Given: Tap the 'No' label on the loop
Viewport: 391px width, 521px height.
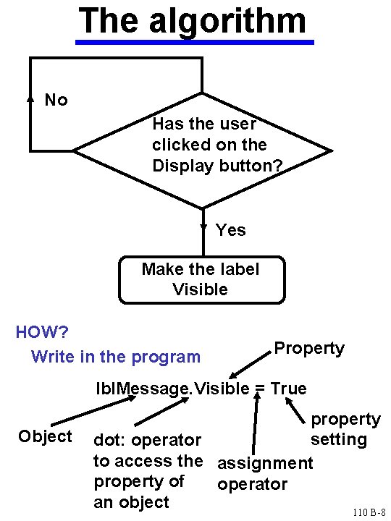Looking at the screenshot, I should tap(56, 100).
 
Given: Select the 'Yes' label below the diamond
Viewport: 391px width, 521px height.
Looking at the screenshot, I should tap(231, 230).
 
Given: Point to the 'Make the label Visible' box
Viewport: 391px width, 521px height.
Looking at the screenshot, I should tap(201, 279).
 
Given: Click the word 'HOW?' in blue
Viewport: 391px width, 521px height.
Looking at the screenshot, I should tap(42, 332).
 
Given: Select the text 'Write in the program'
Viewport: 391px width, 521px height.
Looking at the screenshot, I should tap(116, 357).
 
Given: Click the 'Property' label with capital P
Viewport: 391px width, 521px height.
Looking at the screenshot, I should tap(309, 348).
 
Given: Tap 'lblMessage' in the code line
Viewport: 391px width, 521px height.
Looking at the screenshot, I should tap(143, 389).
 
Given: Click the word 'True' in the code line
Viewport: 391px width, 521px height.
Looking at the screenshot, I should tap(289, 389).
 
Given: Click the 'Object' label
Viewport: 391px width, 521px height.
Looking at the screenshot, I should tap(45, 436).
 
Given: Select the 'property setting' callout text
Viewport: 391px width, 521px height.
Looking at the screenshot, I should tap(345, 429).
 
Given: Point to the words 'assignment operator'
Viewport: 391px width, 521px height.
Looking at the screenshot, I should tap(264, 473).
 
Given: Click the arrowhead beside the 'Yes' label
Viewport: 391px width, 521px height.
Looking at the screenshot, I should tap(203, 229).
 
